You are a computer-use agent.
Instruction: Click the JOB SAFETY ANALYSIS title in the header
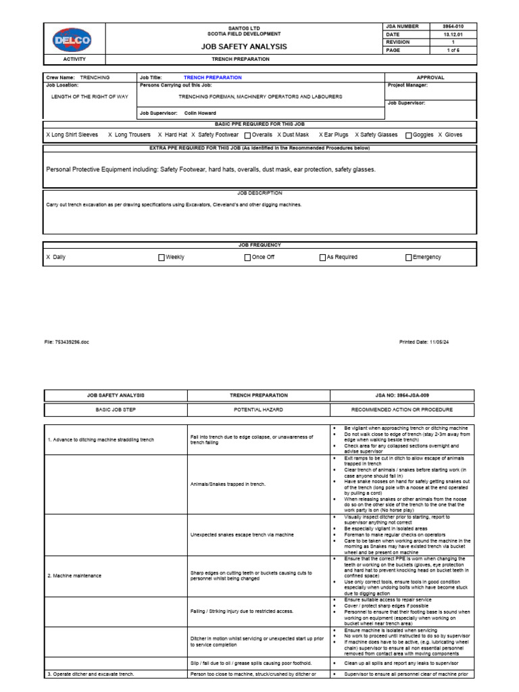(x=245, y=47)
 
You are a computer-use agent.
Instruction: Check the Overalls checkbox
(x=247, y=135)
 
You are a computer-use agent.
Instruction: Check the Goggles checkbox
(x=409, y=135)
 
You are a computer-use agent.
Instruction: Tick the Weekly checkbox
(x=161, y=257)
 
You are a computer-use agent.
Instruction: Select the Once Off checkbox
(x=247, y=257)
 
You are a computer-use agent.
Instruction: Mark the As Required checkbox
(x=322, y=257)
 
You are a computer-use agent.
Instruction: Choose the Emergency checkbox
(x=408, y=257)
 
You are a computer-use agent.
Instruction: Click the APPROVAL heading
(x=430, y=78)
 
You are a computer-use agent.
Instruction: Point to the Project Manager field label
(x=407, y=86)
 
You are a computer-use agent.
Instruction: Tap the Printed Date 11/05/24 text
(x=424, y=342)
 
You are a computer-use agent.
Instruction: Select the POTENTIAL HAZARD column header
(x=258, y=410)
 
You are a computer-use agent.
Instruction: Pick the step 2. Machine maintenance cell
(x=74, y=575)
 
